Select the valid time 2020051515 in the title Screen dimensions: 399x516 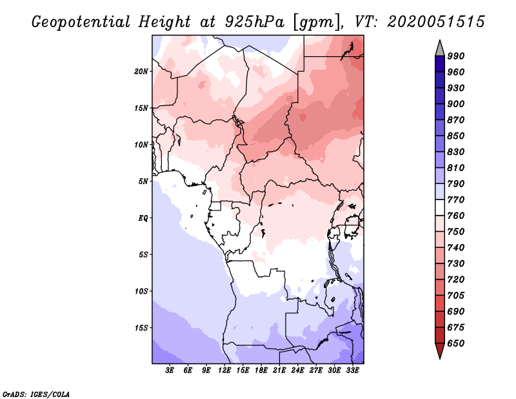(x=436, y=21)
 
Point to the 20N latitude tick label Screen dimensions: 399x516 (x=141, y=71)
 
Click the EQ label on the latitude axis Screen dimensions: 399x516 (x=143, y=218)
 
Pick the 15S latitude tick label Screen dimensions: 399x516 (x=141, y=328)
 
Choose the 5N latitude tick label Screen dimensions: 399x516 (x=143, y=181)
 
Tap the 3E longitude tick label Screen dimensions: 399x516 (x=170, y=371)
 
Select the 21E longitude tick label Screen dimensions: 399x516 (x=279, y=371)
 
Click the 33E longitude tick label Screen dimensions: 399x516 (x=352, y=371)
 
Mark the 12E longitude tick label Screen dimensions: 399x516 (x=225, y=371)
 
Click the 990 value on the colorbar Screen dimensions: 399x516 (x=456, y=56)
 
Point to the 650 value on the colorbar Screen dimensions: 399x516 (x=456, y=343)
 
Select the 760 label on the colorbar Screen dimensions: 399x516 (x=456, y=216)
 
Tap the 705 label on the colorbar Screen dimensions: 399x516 (x=456, y=296)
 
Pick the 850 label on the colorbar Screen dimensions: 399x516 (x=456, y=136)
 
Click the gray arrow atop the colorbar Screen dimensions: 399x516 (x=439, y=48)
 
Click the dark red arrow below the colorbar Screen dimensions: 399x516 (x=439, y=351)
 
